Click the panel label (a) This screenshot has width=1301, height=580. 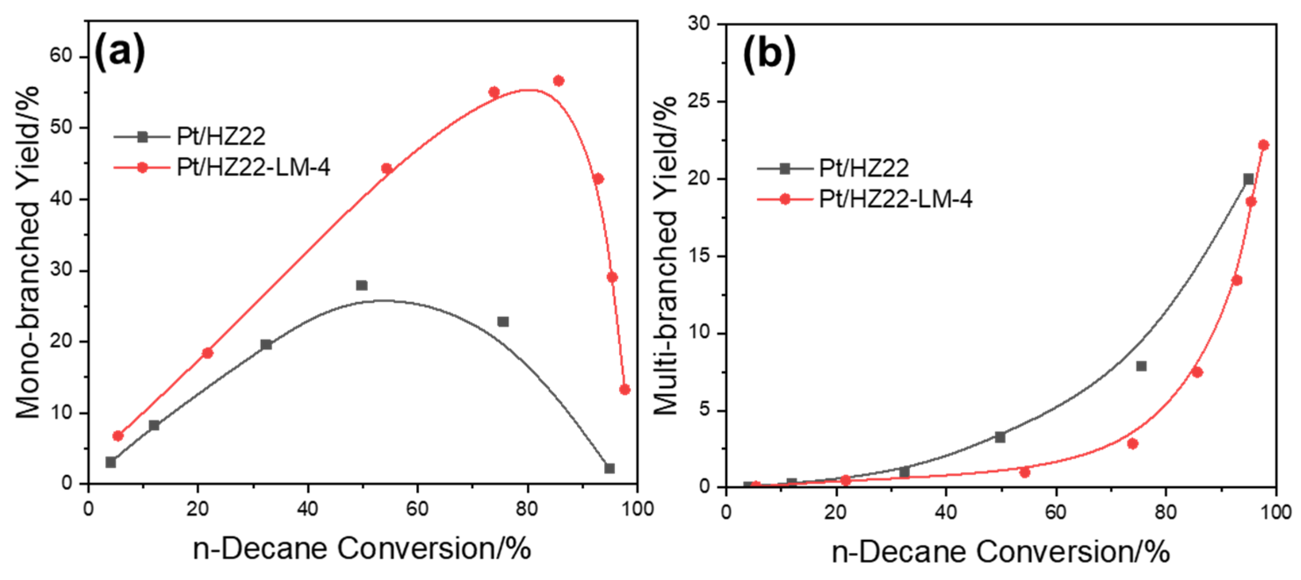pyautogui.click(x=120, y=51)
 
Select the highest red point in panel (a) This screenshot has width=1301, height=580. pyautogui.click(x=558, y=81)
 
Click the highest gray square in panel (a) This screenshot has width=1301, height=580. pyautogui.click(x=362, y=285)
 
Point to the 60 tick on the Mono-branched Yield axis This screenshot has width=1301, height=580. pyautogui.click(x=61, y=56)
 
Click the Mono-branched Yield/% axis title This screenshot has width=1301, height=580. pyautogui.click(x=28, y=252)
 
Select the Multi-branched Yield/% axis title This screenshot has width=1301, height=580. pyautogui.click(x=665, y=255)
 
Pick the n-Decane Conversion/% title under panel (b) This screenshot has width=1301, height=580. pyautogui.click(x=1001, y=552)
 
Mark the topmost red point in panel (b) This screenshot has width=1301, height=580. pyautogui.click(x=1264, y=145)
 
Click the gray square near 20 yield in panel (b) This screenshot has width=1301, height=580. pyautogui.click(x=1248, y=179)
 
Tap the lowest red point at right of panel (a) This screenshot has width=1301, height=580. pyautogui.click(x=625, y=390)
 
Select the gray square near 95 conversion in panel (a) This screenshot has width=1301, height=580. pyautogui.click(x=609, y=469)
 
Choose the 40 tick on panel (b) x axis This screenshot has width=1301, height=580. pyautogui.click(x=945, y=512)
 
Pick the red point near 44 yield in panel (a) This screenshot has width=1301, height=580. pyautogui.click(x=387, y=168)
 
